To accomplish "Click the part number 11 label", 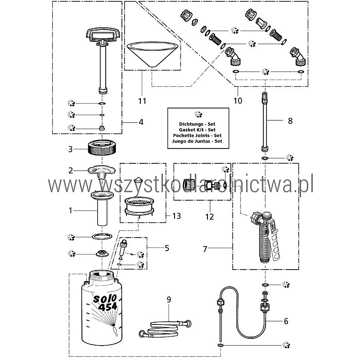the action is click(142, 100).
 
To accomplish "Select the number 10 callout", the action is click(238, 100).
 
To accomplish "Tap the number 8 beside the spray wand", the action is click(290, 121).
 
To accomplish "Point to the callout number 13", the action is click(176, 216).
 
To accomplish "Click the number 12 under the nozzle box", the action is click(209, 216).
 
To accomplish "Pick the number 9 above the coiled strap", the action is click(169, 299).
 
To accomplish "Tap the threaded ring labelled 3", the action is click(102, 148).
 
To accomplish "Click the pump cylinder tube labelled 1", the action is click(102, 208).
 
